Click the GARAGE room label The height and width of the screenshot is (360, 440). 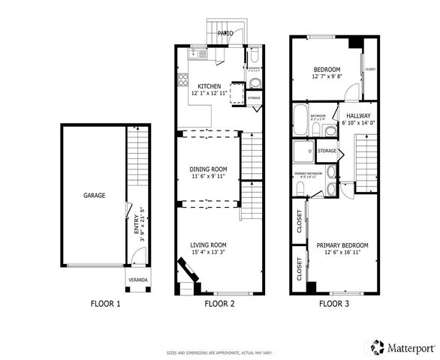click(x=95, y=196)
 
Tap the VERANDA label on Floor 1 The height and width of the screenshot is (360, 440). click(x=138, y=280)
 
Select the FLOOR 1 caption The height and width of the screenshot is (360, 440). click(x=105, y=304)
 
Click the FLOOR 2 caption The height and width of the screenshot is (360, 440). click(x=220, y=304)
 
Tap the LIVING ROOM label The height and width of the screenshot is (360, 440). click(x=208, y=245)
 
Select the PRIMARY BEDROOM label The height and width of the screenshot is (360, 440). click(x=342, y=246)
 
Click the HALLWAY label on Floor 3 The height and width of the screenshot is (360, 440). click(x=358, y=115)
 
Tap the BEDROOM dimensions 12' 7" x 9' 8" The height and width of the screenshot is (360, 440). click(x=327, y=76)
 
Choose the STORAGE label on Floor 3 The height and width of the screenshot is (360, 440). click(x=327, y=151)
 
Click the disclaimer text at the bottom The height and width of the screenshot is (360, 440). click(x=219, y=352)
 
